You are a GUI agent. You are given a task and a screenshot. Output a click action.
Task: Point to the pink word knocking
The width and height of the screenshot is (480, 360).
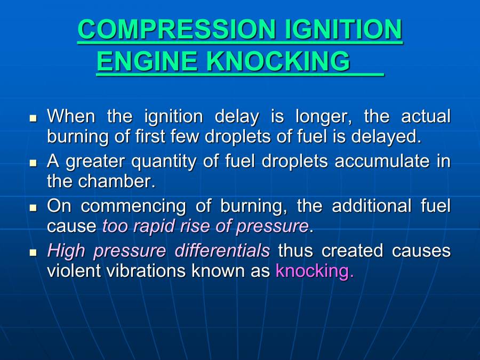pyautogui.click(x=314, y=270)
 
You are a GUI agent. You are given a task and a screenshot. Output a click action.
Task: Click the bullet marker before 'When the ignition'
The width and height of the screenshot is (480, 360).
pyautogui.click(x=34, y=117)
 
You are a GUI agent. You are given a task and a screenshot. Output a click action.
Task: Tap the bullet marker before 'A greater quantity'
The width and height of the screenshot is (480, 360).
pyautogui.click(x=34, y=162)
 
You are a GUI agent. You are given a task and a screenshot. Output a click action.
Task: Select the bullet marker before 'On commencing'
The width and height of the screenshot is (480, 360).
pyautogui.click(x=34, y=207)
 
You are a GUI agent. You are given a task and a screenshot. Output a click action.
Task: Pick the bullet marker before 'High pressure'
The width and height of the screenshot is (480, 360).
pyautogui.click(x=34, y=252)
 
